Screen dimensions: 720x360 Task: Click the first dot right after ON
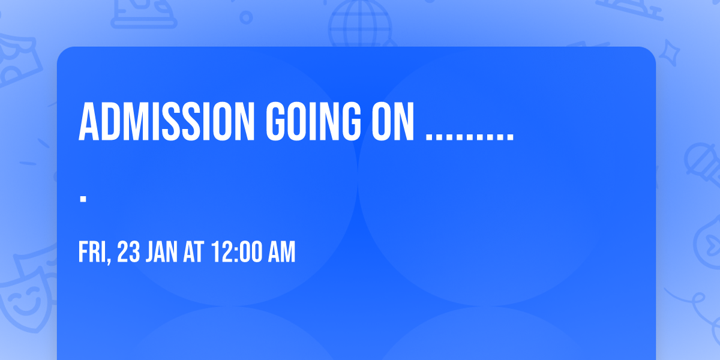coord(429,137)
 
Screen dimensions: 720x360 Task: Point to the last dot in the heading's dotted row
coord(511,137)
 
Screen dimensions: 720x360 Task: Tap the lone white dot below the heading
coord(83,199)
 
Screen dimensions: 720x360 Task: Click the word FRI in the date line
coord(92,252)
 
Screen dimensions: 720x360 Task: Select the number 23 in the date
coord(128,252)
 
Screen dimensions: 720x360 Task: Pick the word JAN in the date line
coord(161,252)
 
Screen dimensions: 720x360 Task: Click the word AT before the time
coord(193,252)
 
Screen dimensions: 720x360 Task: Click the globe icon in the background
coord(361,23)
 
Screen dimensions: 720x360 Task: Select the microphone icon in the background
coord(703,164)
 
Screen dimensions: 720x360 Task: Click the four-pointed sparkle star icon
coord(669,53)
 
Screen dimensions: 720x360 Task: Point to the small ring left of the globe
coord(246,17)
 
